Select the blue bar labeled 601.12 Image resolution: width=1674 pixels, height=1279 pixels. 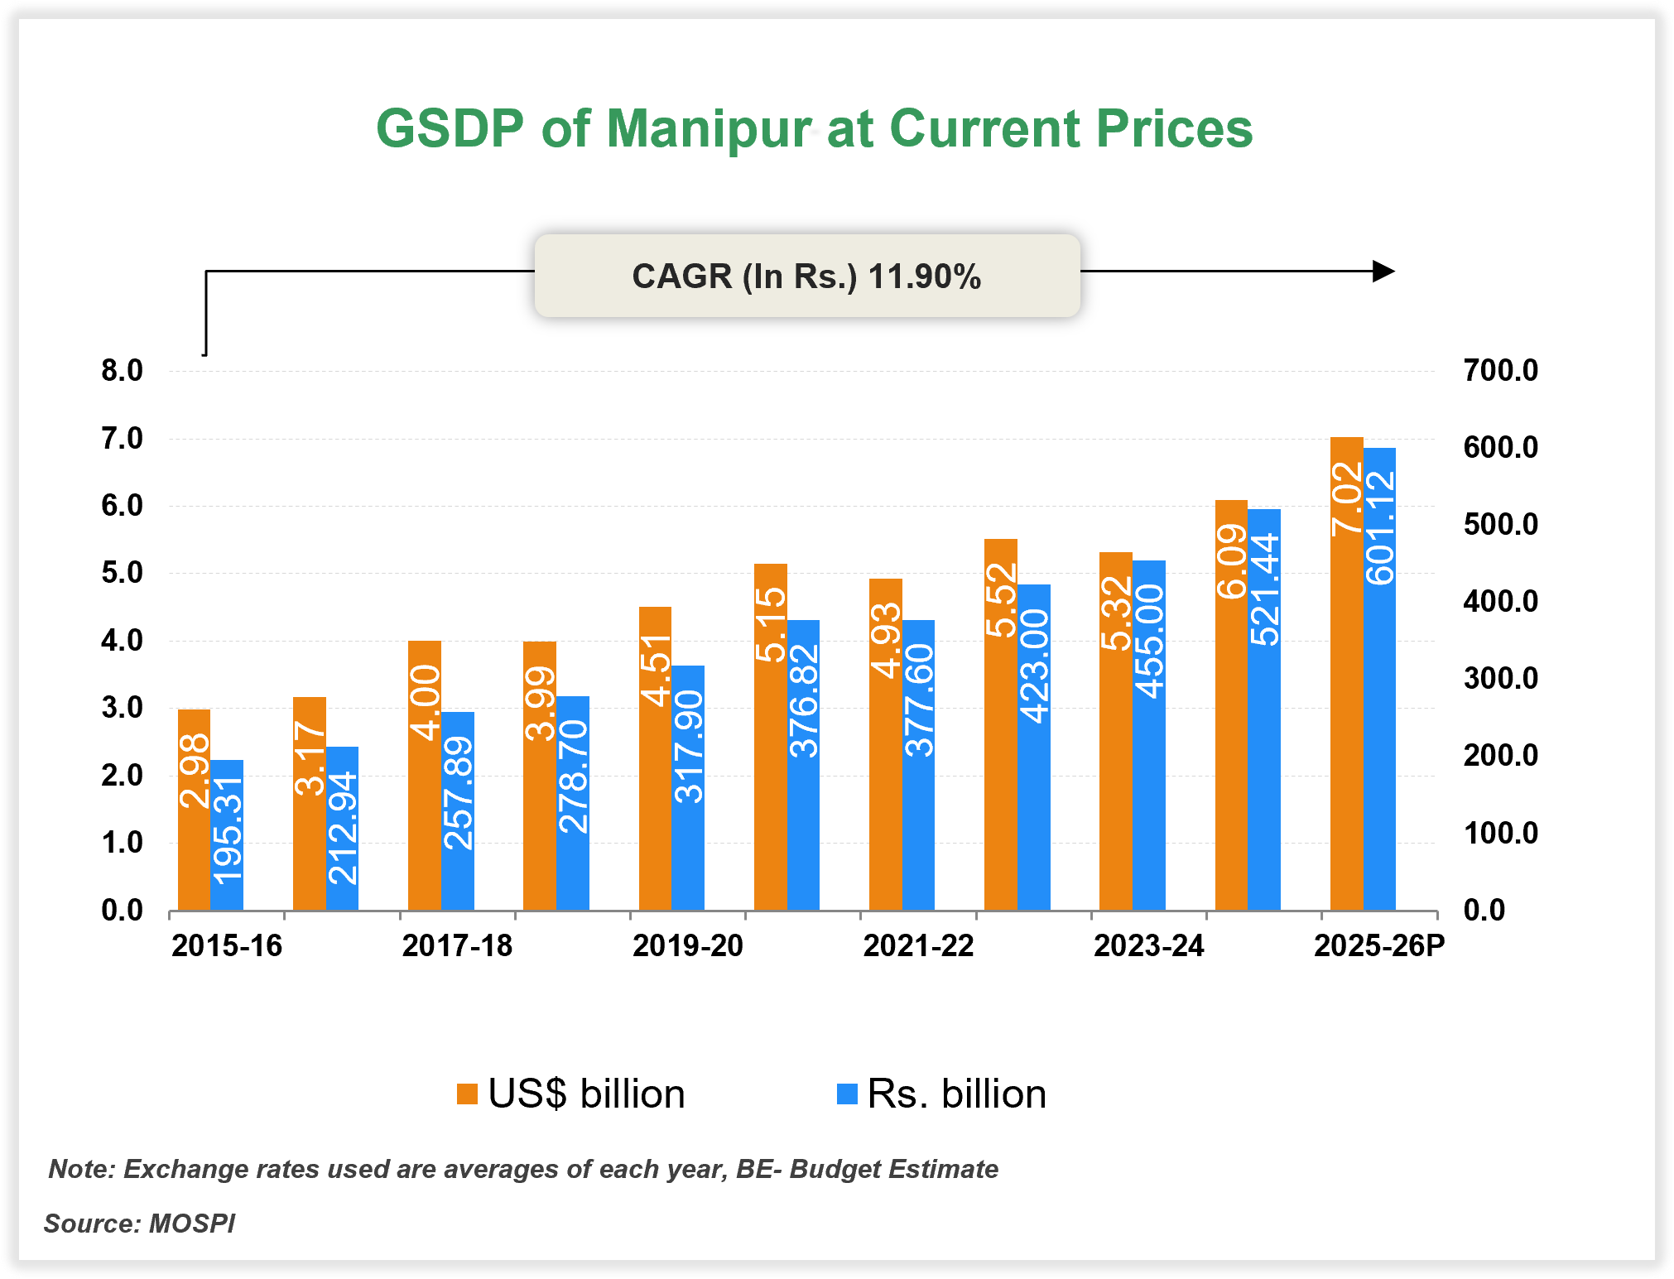tap(1379, 679)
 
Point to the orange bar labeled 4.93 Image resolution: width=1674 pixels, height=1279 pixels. tap(885, 744)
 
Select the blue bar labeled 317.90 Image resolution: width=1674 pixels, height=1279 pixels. tap(688, 787)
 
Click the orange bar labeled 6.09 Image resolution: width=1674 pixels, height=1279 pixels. tap(1231, 704)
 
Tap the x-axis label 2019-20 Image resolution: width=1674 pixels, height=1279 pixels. tap(688, 945)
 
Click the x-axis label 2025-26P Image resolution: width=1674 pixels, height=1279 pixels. tap(1379, 945)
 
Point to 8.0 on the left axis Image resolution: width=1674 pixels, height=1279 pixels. tap(122, 371)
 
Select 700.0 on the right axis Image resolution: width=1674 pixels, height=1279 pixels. tap(1500, 370)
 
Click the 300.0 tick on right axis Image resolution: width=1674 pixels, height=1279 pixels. tap(1500, 679)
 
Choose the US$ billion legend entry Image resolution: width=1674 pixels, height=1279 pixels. tap(571, 1094)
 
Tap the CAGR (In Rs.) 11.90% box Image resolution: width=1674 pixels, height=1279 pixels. tap(807, 276)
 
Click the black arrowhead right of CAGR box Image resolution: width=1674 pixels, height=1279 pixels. tap(1383, 271)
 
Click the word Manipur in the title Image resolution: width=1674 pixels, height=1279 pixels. tap(709, 129)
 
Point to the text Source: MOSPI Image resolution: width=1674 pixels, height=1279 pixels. tap(139, 1223)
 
